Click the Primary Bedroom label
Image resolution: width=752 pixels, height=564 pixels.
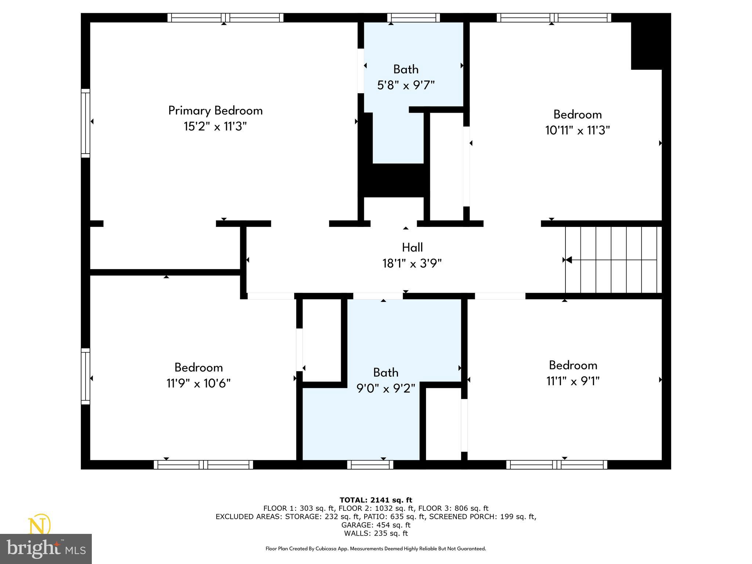216,111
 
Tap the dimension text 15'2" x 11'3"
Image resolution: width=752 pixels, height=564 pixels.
215,127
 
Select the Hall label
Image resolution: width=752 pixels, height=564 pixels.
412,247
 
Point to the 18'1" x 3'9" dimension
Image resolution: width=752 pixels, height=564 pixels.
412,264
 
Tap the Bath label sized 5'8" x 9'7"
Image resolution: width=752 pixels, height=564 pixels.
406,69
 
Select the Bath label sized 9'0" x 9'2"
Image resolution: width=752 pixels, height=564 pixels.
386,373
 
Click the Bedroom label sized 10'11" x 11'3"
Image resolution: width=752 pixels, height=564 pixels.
577,115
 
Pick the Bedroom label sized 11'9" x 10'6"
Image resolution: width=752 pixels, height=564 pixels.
198,368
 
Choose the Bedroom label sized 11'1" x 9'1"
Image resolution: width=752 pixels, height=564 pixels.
573,365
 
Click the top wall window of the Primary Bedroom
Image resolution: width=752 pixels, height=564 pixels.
225,18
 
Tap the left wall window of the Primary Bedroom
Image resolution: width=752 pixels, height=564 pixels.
85,123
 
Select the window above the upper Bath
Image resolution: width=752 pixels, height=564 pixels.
413,18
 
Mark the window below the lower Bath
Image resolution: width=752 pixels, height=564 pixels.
370,465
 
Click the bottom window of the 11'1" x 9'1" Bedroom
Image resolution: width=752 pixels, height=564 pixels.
557,465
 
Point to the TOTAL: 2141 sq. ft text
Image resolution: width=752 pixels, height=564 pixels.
376,500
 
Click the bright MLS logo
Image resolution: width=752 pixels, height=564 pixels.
46,549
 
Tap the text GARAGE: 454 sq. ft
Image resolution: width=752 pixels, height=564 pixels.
376,525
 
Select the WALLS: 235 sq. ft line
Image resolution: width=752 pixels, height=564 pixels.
376,534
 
